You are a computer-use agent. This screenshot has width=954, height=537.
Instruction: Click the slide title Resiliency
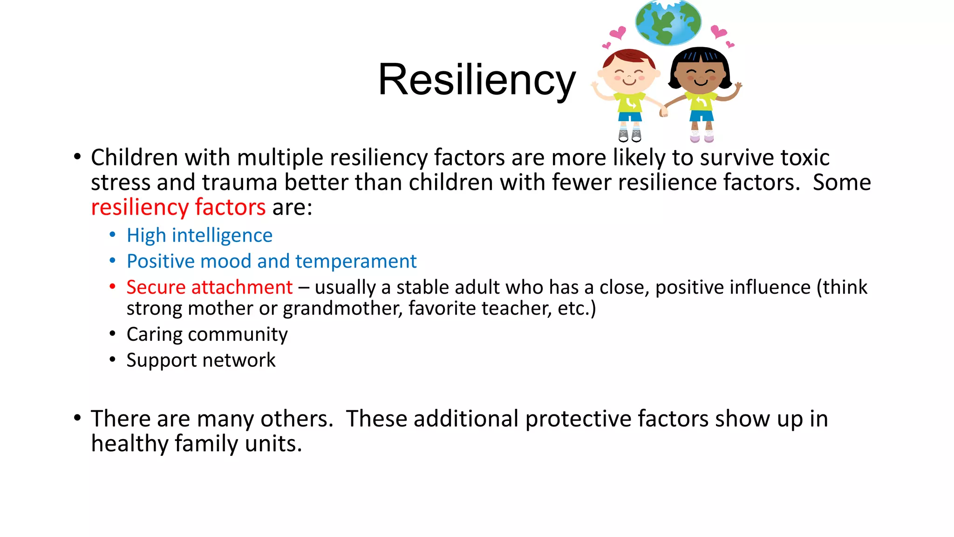[x=477, y=80]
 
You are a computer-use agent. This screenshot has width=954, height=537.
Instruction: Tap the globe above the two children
[x=668, y=22]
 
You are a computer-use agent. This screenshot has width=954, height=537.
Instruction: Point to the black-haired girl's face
[x=701, y=75]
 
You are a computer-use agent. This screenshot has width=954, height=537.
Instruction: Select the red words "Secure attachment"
[x=209, y=287]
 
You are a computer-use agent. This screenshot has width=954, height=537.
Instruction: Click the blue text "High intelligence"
[x=199, y=235]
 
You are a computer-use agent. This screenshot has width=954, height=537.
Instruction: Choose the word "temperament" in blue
[x=356, y=262]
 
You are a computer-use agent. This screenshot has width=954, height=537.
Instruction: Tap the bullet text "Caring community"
[x=207, y=334]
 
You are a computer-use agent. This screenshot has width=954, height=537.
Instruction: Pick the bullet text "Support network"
[x=201, y=360]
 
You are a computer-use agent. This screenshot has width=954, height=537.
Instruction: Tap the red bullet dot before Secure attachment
[x=112, y=287]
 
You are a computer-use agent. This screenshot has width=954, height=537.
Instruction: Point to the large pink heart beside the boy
[x=618, y=33]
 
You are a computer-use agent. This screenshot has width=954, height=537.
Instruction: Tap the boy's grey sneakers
[x=630, y=136]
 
